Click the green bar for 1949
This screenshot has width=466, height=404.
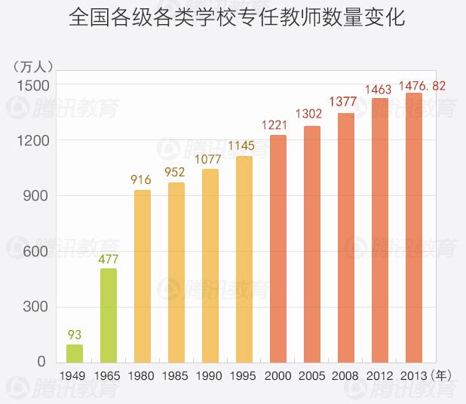[x=75, y=353]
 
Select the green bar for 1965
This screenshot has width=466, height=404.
[x=109, y=315]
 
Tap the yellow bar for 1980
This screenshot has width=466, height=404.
[x=143, y=276]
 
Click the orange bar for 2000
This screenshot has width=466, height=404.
[x=278, y=248]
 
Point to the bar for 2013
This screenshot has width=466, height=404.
[x=414, y=227]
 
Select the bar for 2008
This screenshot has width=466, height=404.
[x=346, y=237]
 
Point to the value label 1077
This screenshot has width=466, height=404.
[x=210, y=159]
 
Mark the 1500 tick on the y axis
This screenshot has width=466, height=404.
[x=32, y=85]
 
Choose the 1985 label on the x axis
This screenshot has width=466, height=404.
[x=176, y=375]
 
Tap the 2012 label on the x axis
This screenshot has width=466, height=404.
[x=380, y=375]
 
